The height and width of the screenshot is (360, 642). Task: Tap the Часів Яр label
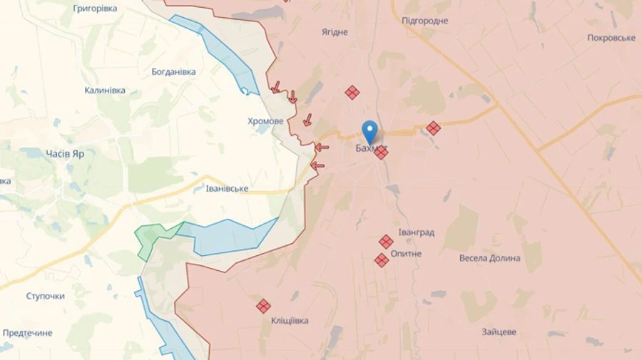(65, 153)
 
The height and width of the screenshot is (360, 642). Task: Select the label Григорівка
(95, 9)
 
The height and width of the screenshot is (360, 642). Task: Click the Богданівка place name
(173, 72)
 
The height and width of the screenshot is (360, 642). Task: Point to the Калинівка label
(105, 91)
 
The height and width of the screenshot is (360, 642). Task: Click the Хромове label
(265, 121)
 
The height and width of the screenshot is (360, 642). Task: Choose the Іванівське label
(227, 189)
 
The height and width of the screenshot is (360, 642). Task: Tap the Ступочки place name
(45, 296)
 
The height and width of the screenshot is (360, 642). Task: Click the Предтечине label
(27, 333)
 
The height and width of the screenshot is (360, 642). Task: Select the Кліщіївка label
(290, 321)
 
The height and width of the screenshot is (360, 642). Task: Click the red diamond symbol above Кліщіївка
(263, 306)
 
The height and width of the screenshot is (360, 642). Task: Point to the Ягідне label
(335, 32)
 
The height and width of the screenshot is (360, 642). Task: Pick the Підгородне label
(425, 21)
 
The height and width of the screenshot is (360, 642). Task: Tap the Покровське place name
(611, 38)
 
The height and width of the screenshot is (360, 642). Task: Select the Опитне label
(406, 254)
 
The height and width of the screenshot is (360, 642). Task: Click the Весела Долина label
(489, 258)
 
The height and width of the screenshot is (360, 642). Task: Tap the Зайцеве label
(499, 331)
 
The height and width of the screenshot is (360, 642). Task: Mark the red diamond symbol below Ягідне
(352, 92)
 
